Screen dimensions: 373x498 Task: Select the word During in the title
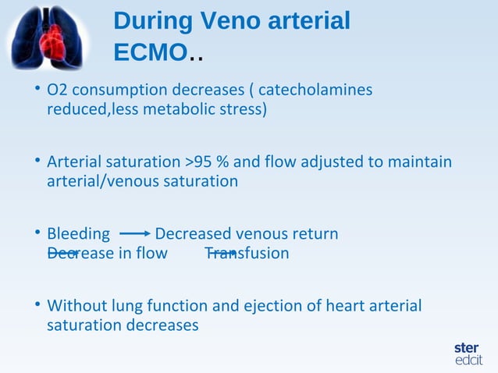point(151,21)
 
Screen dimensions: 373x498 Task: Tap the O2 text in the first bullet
point(56,91)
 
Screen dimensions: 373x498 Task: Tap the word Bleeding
point(78,234)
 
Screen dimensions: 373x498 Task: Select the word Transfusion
point(247,254)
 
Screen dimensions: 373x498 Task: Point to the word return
point(313,234)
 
